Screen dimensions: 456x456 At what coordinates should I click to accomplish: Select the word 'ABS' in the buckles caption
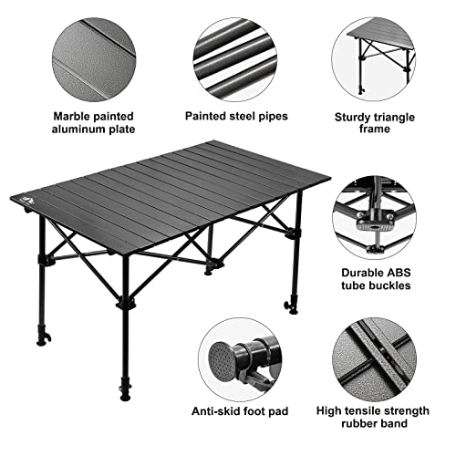(398, 271)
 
